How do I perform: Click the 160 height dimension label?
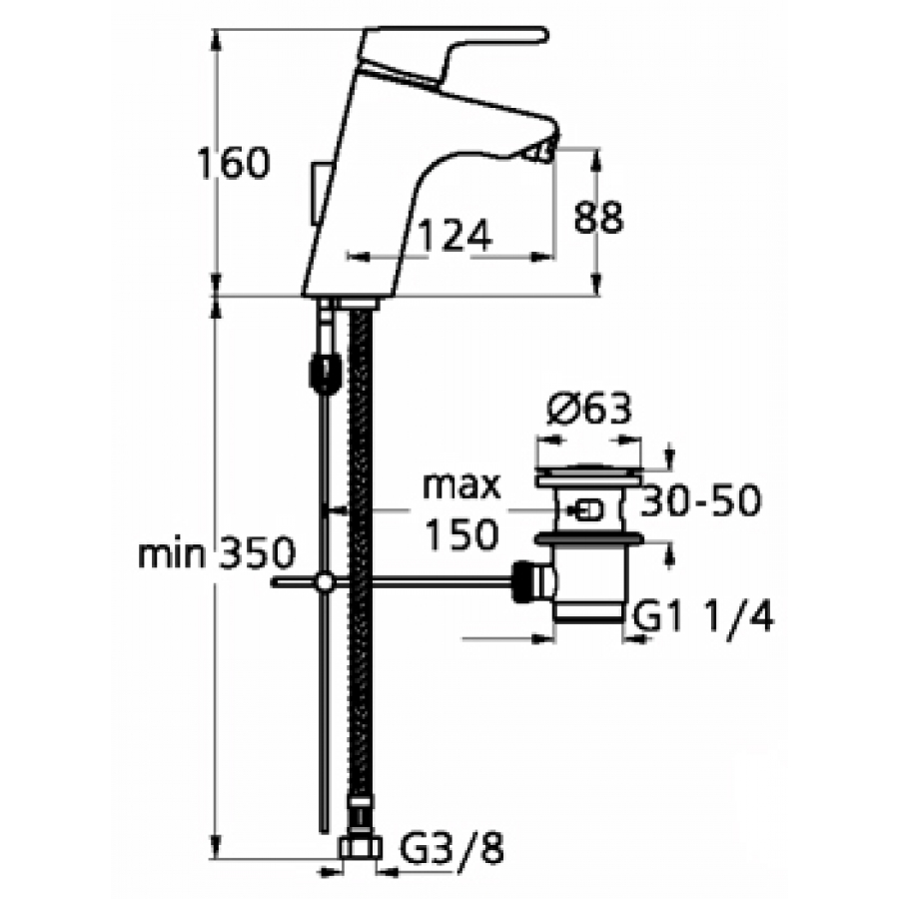tap(232, 163)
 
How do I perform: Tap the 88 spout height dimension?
tap(598, 218)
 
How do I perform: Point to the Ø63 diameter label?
tap(588, 410)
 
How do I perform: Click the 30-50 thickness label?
tap(700, 500)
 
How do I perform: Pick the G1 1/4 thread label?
tap(703, 615)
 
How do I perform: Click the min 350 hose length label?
tap(216, 553)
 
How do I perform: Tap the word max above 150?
tap(461, 486)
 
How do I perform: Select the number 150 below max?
tap(461, 534)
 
